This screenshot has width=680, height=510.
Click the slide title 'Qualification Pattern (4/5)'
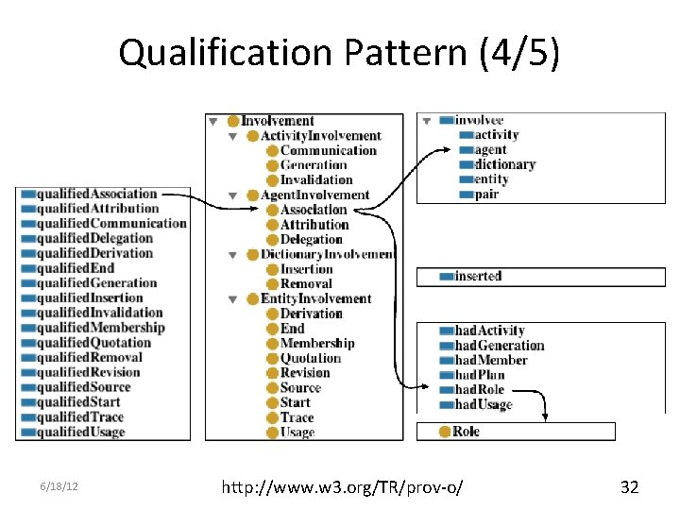tap(339, 54)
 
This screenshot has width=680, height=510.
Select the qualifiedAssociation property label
tap(96, 194)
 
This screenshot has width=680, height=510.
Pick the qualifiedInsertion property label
tap(90, 297)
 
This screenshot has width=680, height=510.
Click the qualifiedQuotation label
tap(91, 342)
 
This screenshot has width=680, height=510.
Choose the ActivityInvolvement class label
tap(320, 136)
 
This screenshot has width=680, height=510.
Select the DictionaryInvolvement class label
tap(327, 254)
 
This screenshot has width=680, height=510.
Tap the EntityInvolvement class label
tap(315, 298)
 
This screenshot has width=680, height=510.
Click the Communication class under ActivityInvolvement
tap(328, 150)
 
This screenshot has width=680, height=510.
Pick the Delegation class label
tap(311, 239)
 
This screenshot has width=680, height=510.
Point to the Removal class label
tap(306, 283)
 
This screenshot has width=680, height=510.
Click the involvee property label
tap(479, 121)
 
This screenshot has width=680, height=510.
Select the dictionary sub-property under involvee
tap(504, 164)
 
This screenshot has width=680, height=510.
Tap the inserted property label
tap(478, 276)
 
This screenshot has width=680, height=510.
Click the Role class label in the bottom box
tap(466, 432)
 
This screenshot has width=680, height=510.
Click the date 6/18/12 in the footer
tap(59, 487)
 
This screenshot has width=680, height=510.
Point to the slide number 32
tap(629, 487)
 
